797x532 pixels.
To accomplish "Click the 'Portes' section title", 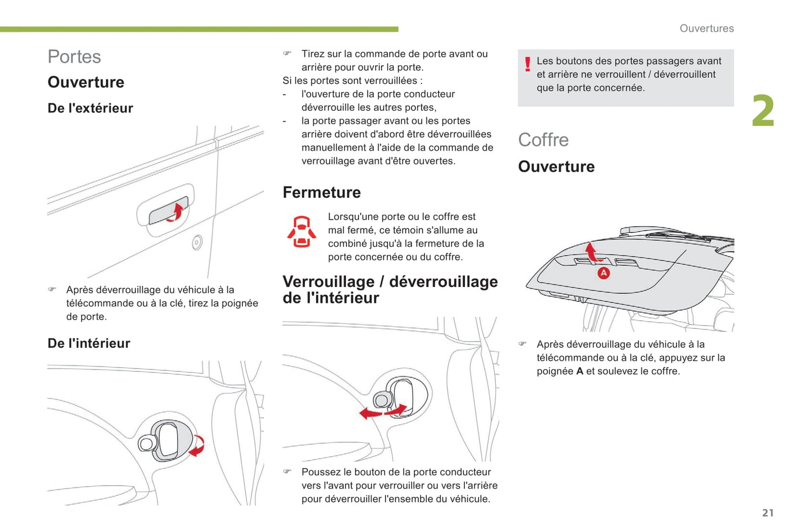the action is [x=74, y=57].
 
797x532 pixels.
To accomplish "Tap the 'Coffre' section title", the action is [x=543, y=140].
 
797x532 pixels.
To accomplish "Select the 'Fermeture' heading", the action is [x=322, y=192].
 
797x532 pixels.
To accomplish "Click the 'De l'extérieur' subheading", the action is [x=90, y=108].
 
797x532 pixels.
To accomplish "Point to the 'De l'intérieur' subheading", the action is [x=89, y=343].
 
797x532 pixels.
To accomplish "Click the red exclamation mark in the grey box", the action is [x=528, y=65].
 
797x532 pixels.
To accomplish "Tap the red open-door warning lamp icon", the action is [x=302, y=231].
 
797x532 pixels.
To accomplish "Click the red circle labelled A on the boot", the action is [x=603, y=273].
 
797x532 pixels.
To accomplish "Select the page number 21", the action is [x=768, y=513].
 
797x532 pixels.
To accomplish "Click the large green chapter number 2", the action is [x=763, y=110].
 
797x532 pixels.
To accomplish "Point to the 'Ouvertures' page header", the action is [x=707, y=28].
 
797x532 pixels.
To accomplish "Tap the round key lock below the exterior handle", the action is [x=197, y=242].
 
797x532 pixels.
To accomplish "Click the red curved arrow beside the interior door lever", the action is [x=197, y=445].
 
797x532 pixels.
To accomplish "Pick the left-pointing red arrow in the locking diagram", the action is [x=371, y=413].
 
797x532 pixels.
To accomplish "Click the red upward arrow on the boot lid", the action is [x=592, y=252].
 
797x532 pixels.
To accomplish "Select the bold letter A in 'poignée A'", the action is [x=580, y=371].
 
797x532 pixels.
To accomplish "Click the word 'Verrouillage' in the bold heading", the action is [x=328, y=281].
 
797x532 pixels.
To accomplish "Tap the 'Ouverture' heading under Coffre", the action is [x=556, y=167].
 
